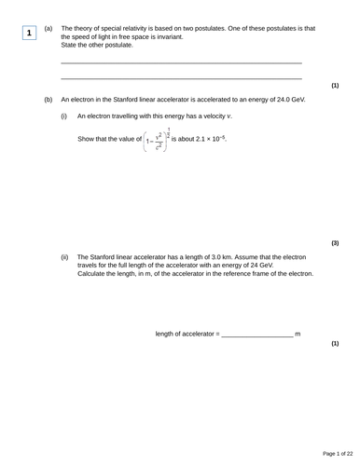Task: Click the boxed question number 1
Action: click(30, 33)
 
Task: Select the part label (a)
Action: click(48, 28)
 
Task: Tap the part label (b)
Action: click(48, 98)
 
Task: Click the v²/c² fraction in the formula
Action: click(160, 141)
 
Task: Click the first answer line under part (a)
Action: click(181, 62)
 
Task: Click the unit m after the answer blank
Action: click(298, 334)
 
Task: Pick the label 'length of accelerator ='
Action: click(187, 334)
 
